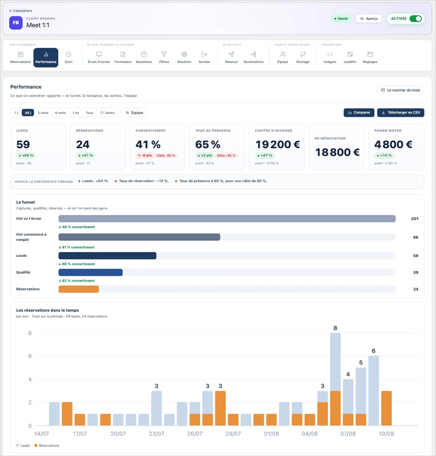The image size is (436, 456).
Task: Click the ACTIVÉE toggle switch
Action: tap(415, 19)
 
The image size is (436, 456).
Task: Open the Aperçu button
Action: tap(369, 19)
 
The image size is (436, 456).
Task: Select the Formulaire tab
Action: tap(123, 58)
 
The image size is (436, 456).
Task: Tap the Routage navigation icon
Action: tap(303, 54)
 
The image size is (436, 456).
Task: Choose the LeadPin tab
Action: tap(350, 58)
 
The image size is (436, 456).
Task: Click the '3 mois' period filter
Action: tap(43, 113)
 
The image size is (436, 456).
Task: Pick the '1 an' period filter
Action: tap(76, 113)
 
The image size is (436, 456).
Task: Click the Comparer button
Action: tap(359, 113)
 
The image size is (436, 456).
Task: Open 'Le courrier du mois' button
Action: tap(400, 90)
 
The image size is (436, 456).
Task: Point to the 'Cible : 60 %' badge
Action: tap(166, 156)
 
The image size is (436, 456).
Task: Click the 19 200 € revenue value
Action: tap(277, 144)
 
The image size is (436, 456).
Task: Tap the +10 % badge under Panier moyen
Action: tap(384, 156)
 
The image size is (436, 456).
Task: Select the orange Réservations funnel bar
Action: tap(79, 289)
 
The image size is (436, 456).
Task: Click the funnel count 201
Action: tap(415, 219)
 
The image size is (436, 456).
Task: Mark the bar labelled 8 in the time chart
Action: tap(335, 379)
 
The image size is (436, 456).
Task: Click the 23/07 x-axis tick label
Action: tap(156, 434)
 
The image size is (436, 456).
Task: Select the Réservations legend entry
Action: tap(47, 446)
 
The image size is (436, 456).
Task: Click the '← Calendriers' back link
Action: tap(21, 11)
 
